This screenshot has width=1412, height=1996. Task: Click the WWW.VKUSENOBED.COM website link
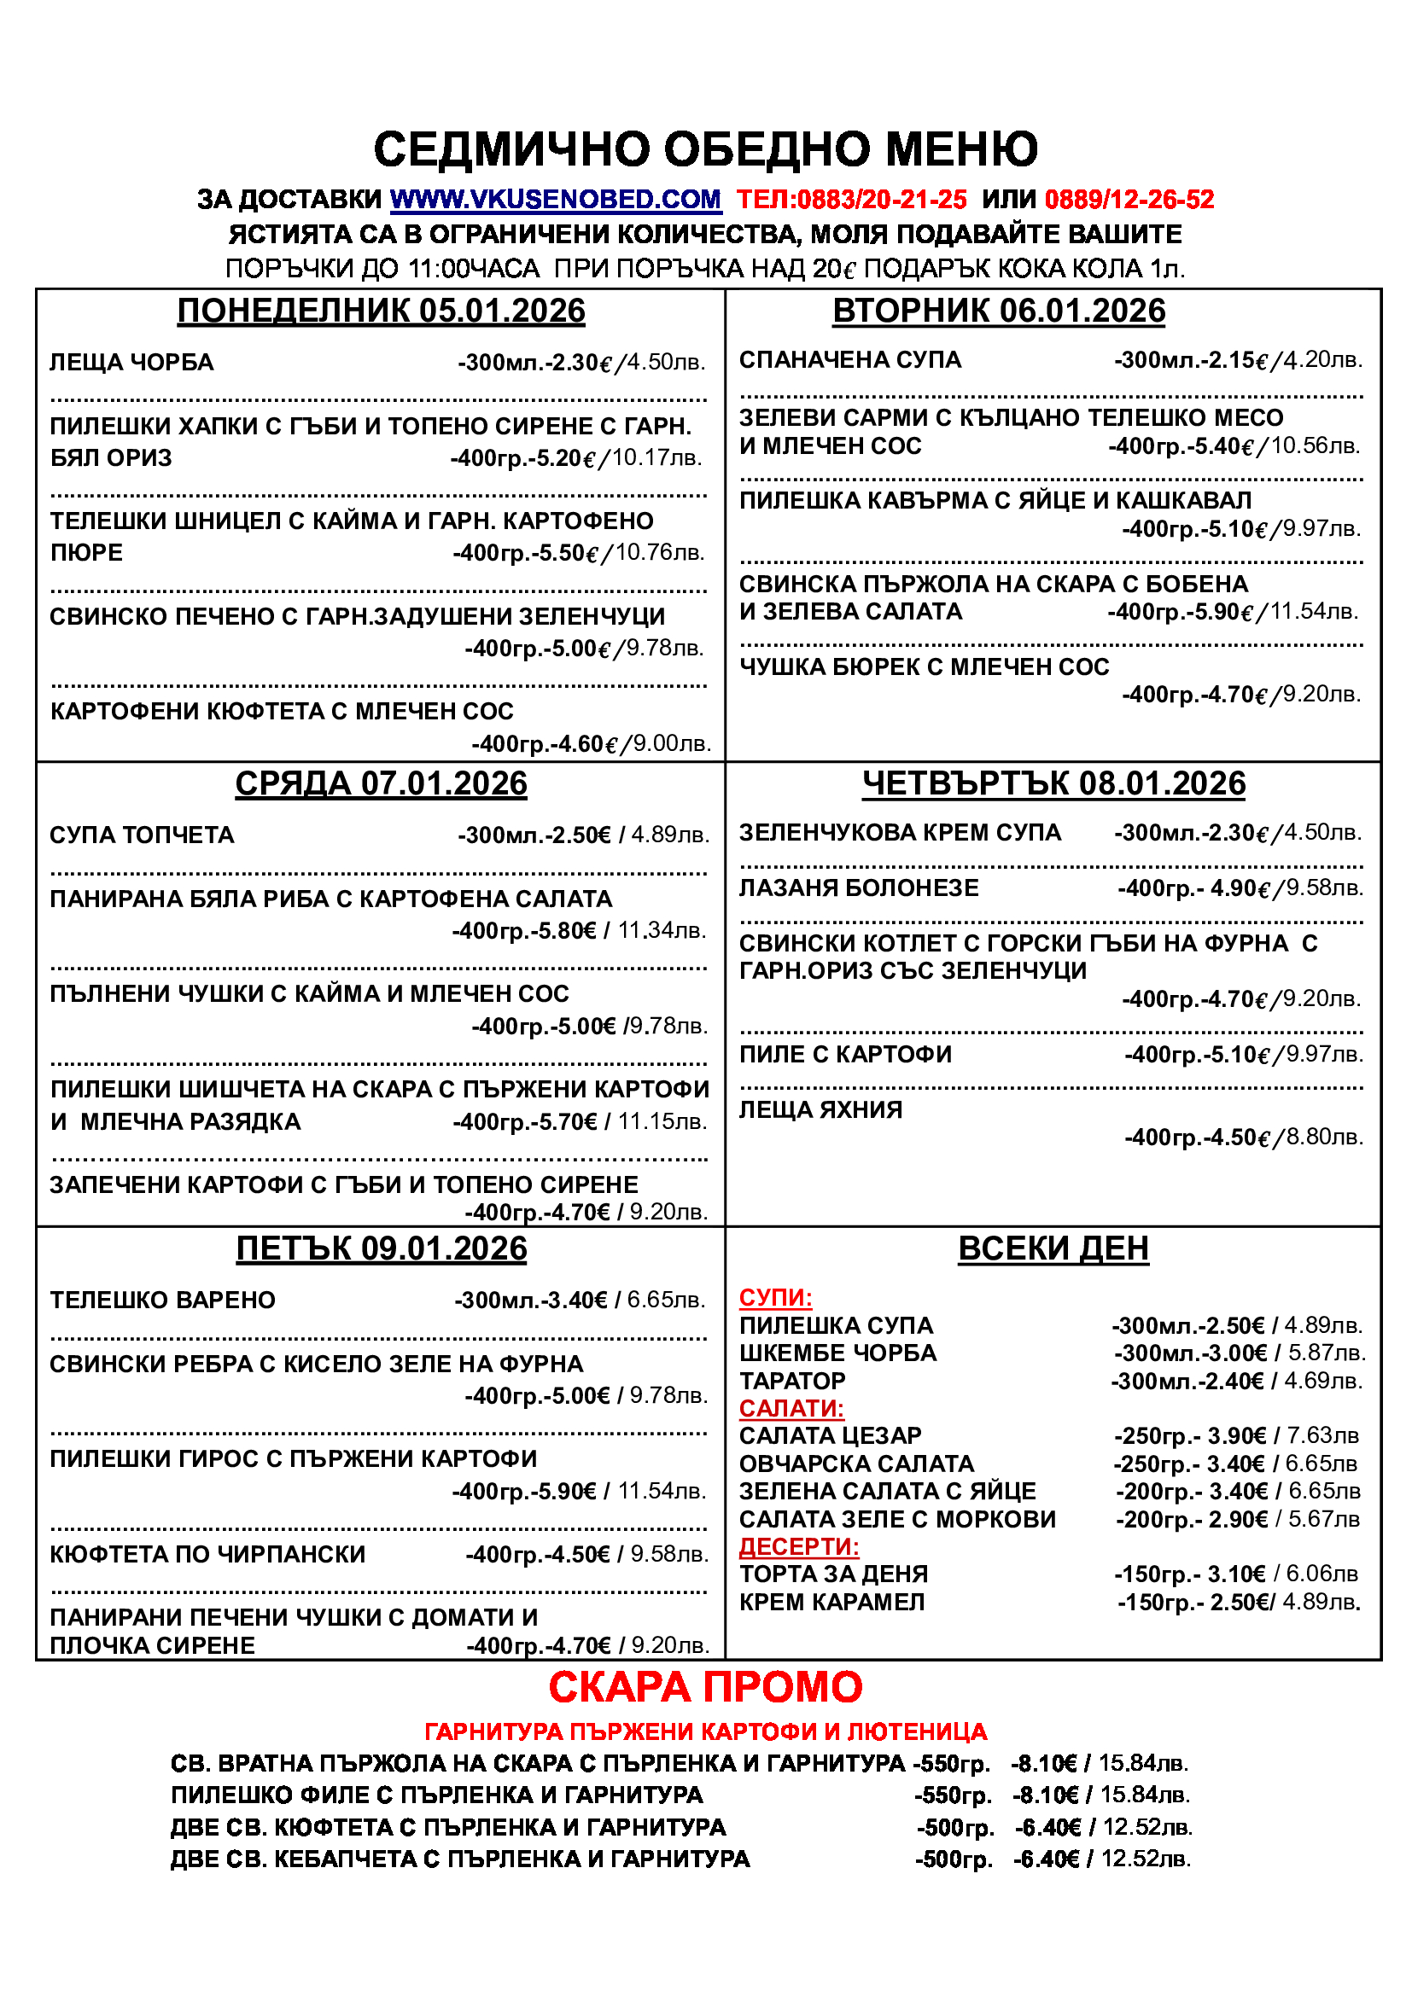(x=555, y=200)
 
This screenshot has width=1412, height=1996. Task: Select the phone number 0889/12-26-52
(x=1129, y=200)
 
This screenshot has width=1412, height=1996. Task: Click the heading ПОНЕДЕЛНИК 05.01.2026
(x=381, y=311)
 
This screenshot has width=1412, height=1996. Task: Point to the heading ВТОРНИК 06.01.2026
(x=998, y=311)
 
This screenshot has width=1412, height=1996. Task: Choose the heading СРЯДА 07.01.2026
(x=381, y=784)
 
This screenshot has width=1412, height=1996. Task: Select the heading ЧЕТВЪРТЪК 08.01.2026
(x=1053, y=784)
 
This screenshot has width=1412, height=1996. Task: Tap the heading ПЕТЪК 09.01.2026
(x=381, y=1249)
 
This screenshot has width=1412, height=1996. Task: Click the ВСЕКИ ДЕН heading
(x=1053, y=1249)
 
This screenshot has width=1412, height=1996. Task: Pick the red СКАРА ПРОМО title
(x=705, y=1687)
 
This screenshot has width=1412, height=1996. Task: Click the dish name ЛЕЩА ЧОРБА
(x=131, y=363)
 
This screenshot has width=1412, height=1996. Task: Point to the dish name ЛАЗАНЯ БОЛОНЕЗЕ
(x=858, y=888)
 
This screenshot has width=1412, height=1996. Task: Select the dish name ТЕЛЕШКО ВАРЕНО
(x=162, y=1301)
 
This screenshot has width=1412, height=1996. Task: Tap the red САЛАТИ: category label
(x=791, y=1408)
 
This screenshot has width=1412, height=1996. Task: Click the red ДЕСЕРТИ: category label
(x=798, y=1546)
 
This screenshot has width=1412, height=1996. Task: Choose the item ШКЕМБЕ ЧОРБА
(x=837, y=1353)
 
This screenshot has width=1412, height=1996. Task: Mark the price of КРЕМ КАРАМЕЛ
(x=1239, y=1603)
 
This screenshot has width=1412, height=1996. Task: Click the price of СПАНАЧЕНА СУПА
(x=1238, y=360)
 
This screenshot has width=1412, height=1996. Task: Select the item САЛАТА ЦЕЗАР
(x=830, y=1436)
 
